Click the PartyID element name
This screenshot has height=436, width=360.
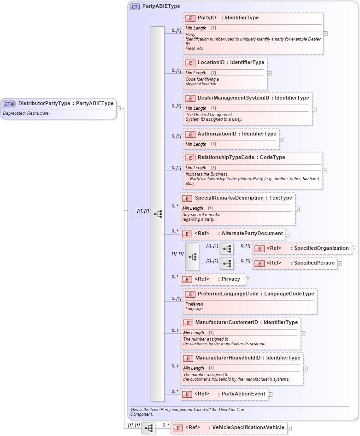click(207, 18)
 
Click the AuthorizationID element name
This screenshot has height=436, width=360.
click(217, 134)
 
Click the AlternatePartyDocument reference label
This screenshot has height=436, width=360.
click(252, 234)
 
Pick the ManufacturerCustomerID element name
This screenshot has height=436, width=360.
click(226, 322)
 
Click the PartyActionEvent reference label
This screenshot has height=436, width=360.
click(243, 394)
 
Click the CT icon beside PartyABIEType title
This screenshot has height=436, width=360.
click(135, 7)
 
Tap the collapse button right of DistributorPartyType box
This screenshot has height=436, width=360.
click(118, 109)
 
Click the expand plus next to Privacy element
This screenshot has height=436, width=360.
click(248, 279)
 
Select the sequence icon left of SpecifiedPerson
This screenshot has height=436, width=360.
click(227, 264)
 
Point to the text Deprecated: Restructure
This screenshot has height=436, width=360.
click(26, 113)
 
